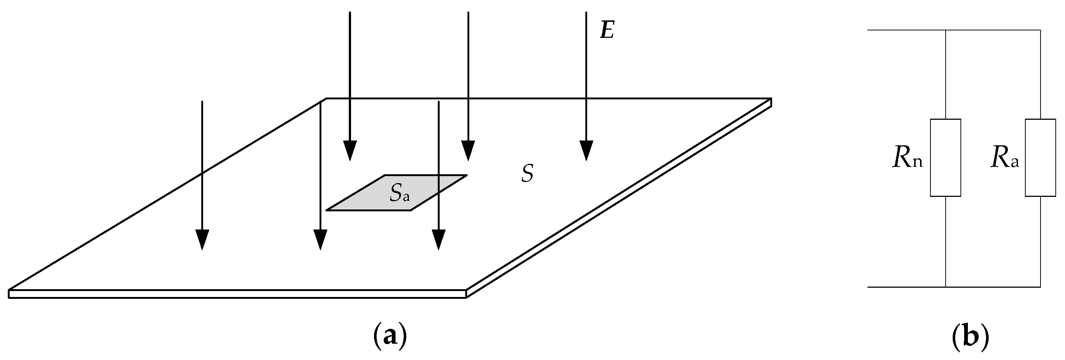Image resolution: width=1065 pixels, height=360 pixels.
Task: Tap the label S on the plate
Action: click(527, 174)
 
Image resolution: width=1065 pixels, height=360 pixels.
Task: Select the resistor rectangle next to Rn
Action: click(946, 158)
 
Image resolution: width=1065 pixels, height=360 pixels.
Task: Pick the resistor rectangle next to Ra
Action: click(1041, 158)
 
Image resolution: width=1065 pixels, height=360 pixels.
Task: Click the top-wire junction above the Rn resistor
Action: click(946, 30)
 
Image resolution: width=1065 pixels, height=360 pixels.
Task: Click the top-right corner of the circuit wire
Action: click(1041, 30)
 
